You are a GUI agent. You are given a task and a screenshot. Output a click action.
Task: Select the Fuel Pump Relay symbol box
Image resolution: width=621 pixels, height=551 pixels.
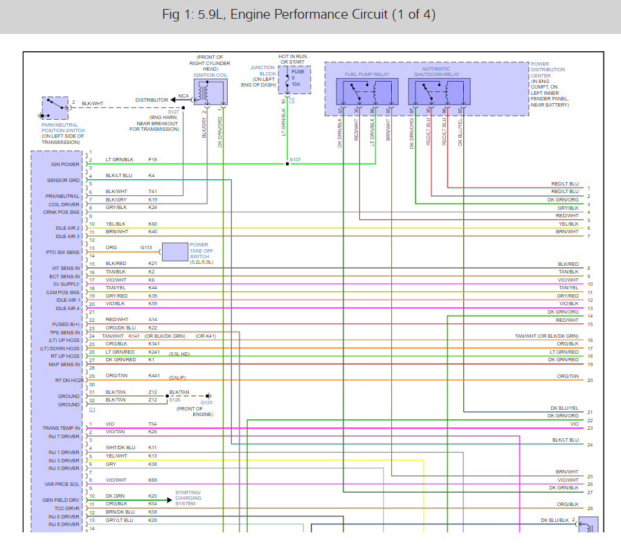coord(366,92)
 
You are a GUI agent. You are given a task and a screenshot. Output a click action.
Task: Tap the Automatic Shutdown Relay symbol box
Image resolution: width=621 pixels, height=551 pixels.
coord(438,92)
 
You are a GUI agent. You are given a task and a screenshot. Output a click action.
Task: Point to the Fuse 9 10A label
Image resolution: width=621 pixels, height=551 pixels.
coord(297,78)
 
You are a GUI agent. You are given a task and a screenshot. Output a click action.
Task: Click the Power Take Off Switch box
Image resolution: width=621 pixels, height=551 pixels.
coord(174,252)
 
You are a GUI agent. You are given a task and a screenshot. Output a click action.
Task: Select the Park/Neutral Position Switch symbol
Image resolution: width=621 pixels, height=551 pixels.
coord(56,108)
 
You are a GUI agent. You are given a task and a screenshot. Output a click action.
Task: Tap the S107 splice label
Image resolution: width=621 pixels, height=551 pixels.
coord(295,160)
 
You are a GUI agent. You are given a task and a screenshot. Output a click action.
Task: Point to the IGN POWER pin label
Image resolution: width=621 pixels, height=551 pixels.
coord(65,164)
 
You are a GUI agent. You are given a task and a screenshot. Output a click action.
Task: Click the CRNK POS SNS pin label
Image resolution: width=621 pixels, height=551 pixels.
coord(64,212)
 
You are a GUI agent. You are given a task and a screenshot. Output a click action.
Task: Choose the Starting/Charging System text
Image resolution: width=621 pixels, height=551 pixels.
coord(188,498)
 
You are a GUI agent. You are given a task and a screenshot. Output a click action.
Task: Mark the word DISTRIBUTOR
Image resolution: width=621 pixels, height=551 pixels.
coord(152,100)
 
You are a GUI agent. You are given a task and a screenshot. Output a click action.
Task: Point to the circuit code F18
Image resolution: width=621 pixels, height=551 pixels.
coord(152,159)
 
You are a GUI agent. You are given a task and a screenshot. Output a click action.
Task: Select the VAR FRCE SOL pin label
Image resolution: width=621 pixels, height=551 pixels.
coord(63,483)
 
